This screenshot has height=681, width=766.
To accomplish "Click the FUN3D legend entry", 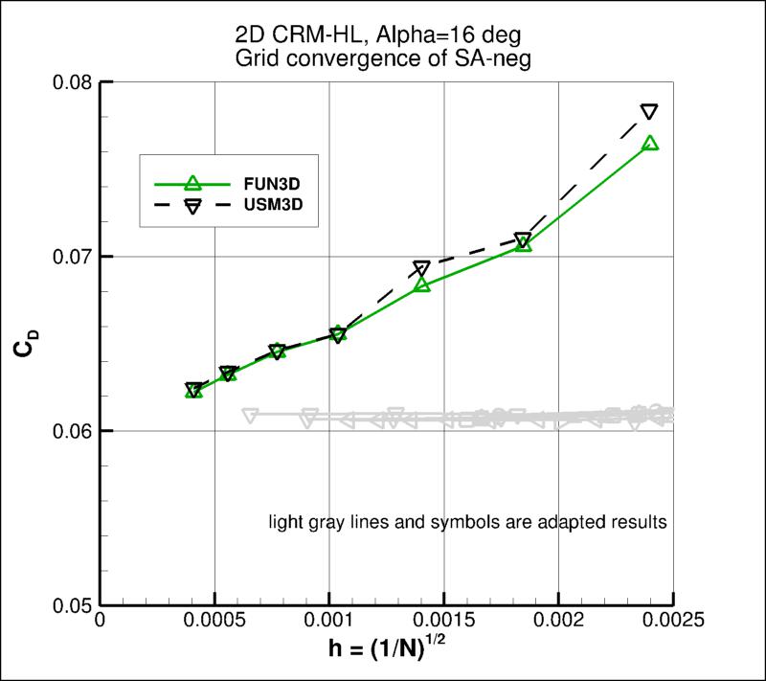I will (x=253, y=184).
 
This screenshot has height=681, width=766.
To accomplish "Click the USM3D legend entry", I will (x=253, y=206).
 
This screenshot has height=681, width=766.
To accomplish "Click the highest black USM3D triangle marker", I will (x=649, y=112).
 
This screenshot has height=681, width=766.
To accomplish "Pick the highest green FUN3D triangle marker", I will (x=649, y=143).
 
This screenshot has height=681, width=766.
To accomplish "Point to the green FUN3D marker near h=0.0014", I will (x=422, y=284).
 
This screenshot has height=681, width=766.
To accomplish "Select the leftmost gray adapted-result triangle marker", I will (x=251, y=416).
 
